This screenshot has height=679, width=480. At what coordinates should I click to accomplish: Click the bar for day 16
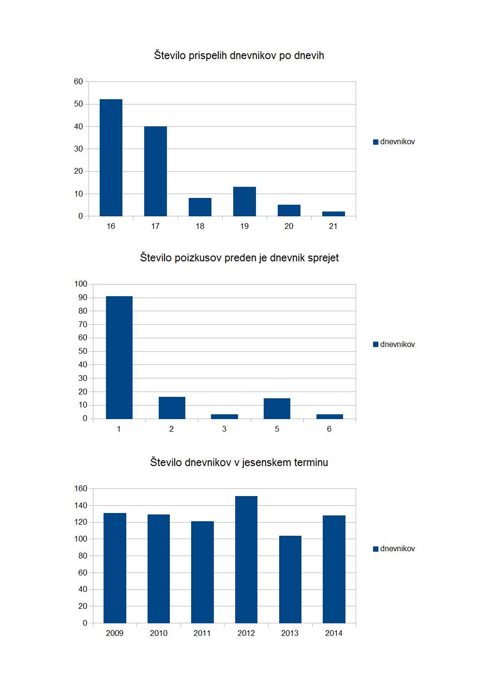pos(111,157)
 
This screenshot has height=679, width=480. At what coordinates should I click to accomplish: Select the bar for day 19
pos(244,201)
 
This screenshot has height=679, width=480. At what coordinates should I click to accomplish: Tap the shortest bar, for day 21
pos(333,213)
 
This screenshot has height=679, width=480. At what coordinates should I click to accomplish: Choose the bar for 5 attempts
pos(277,408)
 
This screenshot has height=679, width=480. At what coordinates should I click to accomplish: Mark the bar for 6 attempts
pos(330,416)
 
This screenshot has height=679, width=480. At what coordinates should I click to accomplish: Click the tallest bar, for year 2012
pos(246,559)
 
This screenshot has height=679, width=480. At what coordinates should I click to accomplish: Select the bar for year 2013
pos(290,579)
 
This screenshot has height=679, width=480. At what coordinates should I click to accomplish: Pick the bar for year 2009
pos(115,568)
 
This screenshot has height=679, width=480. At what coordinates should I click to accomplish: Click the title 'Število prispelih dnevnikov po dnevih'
pos(239,56)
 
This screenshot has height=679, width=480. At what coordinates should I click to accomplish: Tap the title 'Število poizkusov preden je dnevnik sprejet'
pos(239,258)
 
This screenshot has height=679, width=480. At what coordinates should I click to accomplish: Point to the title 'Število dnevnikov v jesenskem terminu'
pos(239,463)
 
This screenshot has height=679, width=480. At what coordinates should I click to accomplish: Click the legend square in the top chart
pos(375,142)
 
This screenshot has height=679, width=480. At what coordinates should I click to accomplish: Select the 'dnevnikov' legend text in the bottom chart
pos(397,549)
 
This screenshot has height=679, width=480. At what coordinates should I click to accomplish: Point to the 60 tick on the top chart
pos(78,81)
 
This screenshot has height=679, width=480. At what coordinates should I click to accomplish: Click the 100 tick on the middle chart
pos(81,284)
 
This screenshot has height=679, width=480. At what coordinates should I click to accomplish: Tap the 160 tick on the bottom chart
pos(81,489)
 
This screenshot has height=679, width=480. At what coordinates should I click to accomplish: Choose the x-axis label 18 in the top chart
pos(200,226)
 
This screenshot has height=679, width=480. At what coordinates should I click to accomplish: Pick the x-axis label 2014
pos(334,634)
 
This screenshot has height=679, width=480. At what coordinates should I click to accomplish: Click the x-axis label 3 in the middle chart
pos(224,429)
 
